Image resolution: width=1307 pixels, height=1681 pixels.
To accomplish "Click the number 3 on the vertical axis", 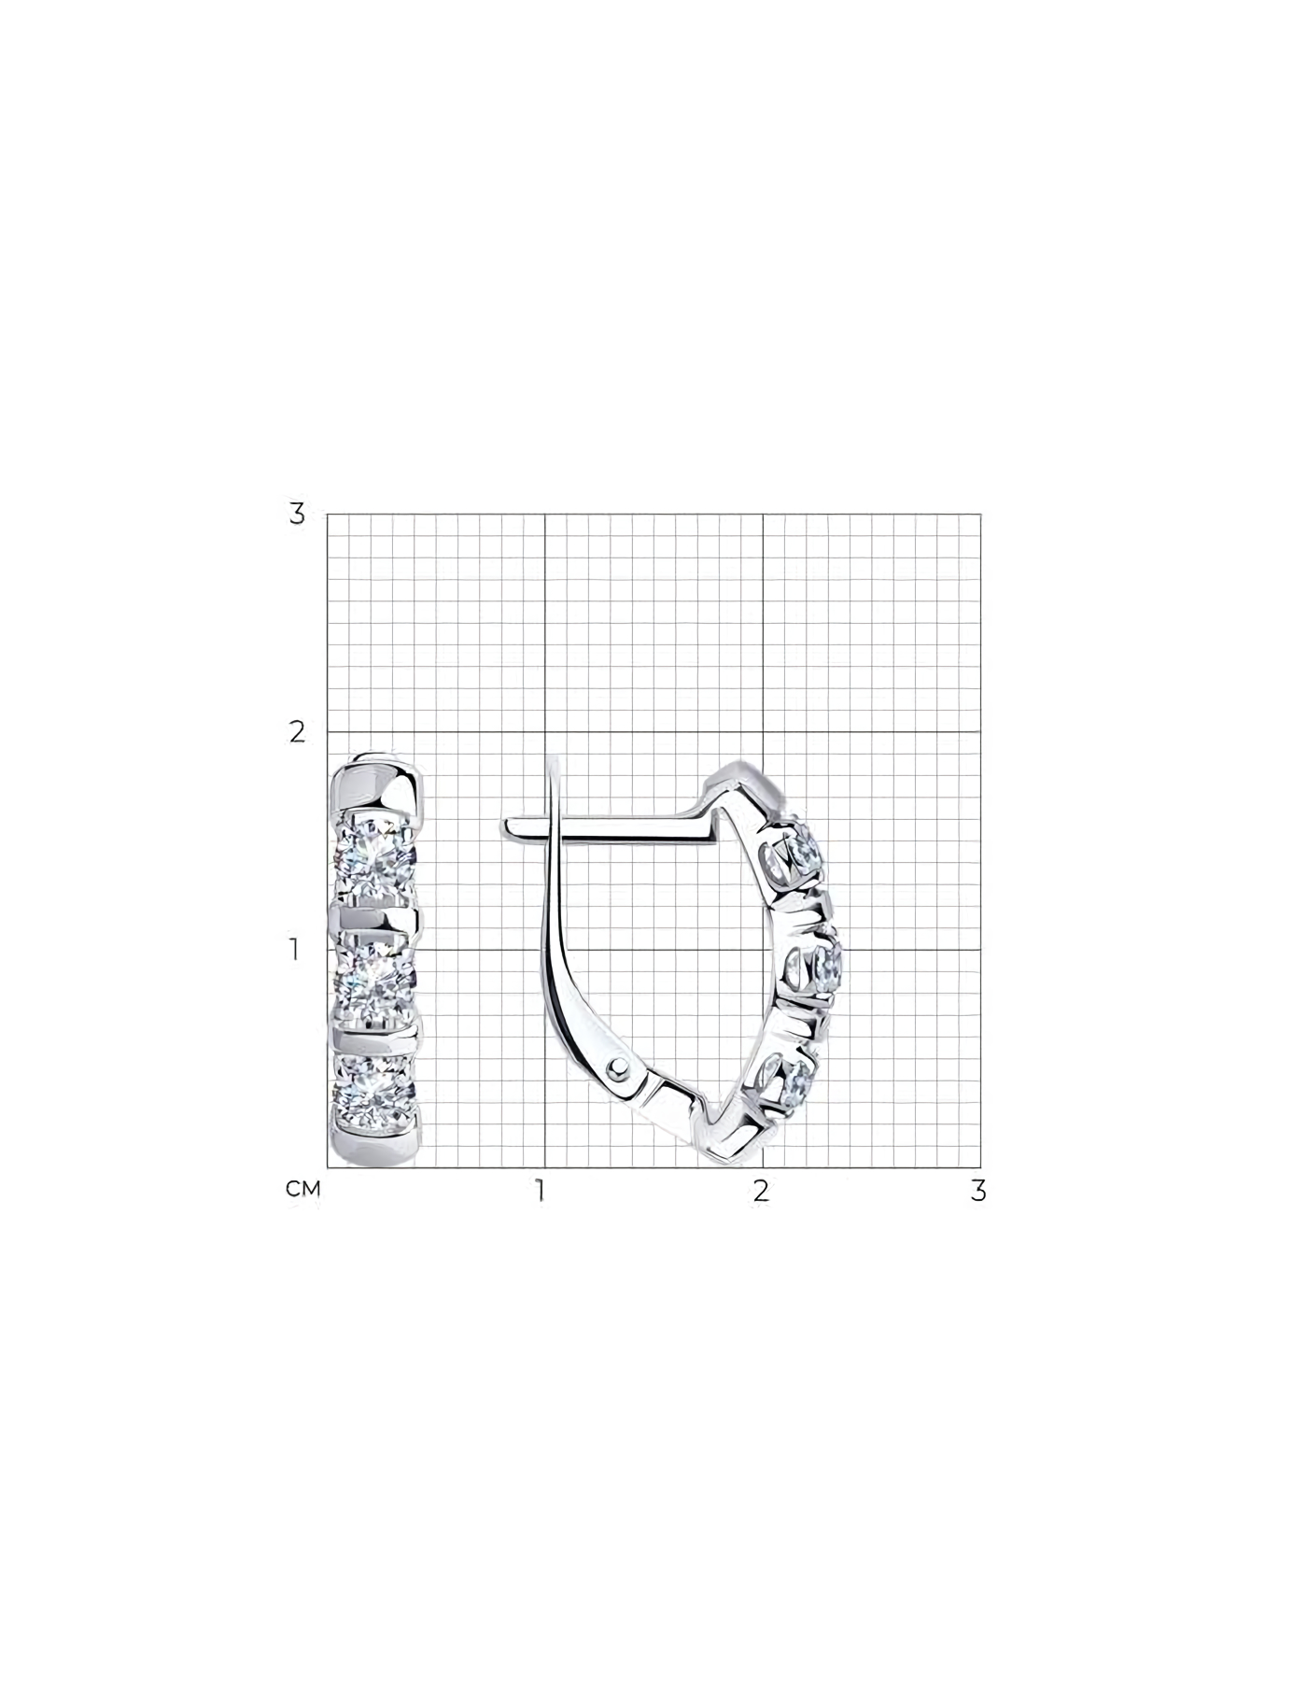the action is (297, 514).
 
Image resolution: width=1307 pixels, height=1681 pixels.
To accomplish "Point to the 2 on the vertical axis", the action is (297, 732).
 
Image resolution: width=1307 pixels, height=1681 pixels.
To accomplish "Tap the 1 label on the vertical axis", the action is (295, 950).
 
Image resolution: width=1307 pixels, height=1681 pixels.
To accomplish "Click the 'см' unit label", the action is (303, 1189).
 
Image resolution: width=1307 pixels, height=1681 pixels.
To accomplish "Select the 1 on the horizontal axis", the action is (540, 1191).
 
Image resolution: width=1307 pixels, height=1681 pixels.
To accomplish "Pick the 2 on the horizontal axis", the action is (762, 1191).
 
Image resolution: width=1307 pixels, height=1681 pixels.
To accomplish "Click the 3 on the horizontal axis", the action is (978, 1191).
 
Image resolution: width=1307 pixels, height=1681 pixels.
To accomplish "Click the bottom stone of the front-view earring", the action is (375, 1088).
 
